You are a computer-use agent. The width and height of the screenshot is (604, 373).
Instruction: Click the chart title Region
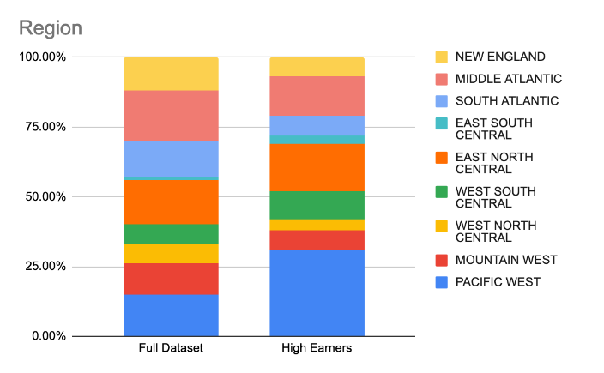51,27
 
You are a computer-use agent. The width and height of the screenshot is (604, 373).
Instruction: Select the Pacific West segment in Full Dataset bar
171,315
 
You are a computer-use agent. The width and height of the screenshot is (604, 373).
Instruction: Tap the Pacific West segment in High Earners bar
317,292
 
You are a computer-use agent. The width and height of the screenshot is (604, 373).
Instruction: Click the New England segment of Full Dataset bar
171,74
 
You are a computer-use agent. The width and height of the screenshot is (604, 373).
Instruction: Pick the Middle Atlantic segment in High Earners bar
317,96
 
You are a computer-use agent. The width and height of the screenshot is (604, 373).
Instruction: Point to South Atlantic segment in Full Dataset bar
171,158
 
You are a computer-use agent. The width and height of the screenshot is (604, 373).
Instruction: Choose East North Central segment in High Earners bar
317,167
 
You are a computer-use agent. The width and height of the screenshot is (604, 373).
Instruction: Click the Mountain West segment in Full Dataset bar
171,279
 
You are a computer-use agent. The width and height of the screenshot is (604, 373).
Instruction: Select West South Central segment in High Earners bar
317,205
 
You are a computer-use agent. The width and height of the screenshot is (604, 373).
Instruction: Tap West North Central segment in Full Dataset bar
171,254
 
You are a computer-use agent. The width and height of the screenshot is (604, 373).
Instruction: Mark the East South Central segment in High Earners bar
317,140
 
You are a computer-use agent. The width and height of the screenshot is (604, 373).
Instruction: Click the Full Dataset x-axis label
171,349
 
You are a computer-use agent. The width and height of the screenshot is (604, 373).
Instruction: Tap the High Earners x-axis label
317,349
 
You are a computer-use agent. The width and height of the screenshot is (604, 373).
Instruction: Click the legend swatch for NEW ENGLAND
441,57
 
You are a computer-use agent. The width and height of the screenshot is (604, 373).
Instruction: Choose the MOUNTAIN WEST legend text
506,260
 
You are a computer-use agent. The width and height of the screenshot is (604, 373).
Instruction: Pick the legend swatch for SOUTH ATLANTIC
441,101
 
